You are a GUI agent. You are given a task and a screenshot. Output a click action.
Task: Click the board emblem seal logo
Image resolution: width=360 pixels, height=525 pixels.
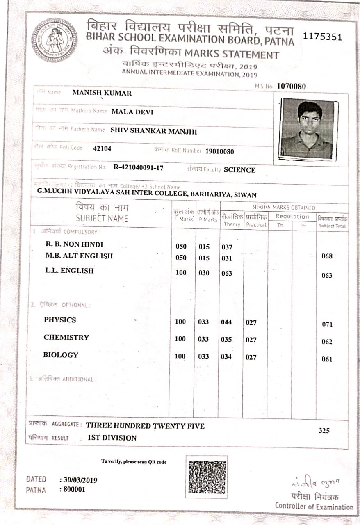click(54, 40)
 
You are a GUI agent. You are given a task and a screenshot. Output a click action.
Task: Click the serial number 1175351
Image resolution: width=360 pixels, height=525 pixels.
click(322, 37)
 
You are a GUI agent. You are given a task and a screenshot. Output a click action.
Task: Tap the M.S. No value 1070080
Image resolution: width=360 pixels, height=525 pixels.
click(292, 86)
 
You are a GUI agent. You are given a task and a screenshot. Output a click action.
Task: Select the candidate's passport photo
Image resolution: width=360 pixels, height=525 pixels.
click(308, 128)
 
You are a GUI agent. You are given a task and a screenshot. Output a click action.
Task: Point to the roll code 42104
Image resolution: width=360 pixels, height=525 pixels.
click(102, 148)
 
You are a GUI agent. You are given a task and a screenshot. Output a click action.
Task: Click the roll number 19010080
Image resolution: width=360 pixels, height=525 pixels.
click(220, 151)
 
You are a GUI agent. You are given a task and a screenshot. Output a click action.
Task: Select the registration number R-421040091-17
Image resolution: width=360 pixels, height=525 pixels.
click(139, 167)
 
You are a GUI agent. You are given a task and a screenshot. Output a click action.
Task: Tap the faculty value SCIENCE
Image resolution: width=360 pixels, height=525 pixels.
click(239, 170)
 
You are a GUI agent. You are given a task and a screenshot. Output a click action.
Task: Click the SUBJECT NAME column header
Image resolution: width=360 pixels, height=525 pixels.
click(102, 219)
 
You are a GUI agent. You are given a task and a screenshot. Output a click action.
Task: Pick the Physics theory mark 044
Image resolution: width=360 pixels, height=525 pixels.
click(226, 322)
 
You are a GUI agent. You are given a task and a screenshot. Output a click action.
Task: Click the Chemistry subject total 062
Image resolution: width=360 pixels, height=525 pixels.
click(327, 342)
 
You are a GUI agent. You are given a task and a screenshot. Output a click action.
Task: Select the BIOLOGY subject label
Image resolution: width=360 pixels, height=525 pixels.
click(61, 355)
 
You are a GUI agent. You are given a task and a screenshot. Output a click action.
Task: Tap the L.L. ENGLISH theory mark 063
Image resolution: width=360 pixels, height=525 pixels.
click(226, 273)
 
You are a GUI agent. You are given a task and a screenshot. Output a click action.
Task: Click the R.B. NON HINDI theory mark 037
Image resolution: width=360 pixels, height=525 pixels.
click(226, 247)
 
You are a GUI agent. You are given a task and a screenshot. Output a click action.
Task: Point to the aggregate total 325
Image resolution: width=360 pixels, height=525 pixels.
click(324, 430)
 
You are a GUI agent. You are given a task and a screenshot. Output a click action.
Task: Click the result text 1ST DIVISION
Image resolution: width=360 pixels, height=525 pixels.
click(112, 438)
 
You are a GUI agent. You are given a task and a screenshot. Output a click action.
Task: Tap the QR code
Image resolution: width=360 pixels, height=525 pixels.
click(207, 477)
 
